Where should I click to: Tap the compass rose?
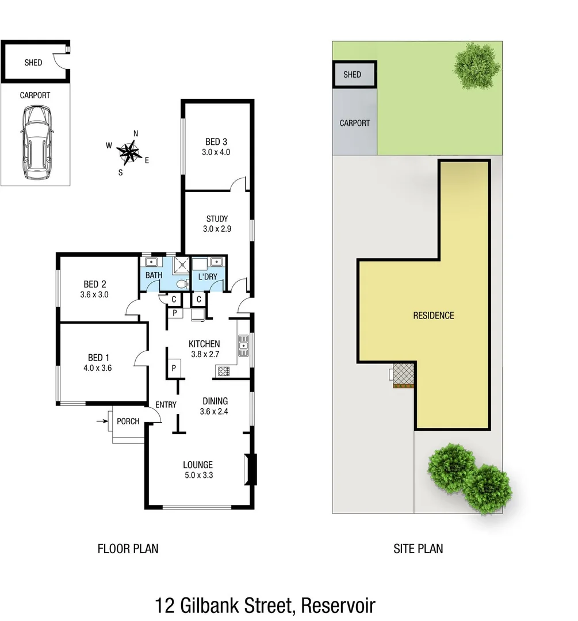(129, 152)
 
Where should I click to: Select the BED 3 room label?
(216, 142)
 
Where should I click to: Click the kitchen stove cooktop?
(223, 371)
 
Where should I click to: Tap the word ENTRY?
(166, 405)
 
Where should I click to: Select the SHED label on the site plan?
(352, 75)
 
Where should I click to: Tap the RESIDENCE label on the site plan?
(434, 315)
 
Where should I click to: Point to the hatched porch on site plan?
(404, 374)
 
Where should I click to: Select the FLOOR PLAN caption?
(128, 549)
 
